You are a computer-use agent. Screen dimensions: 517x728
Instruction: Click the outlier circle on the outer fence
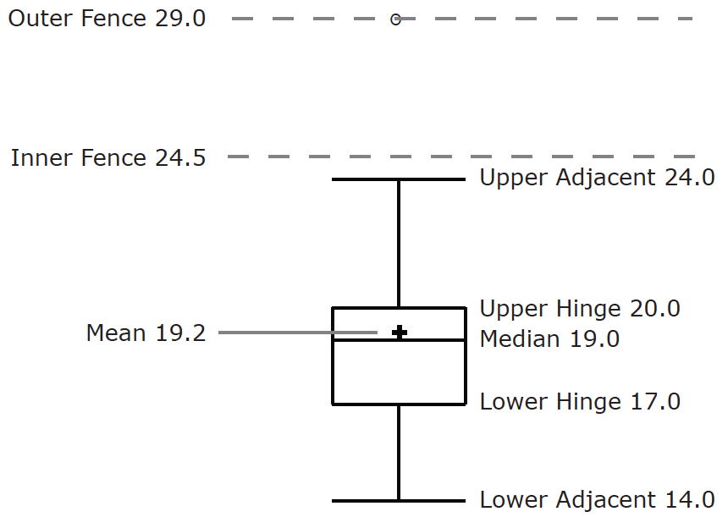click(395, 19)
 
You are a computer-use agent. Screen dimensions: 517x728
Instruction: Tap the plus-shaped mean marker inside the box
click(399, 333)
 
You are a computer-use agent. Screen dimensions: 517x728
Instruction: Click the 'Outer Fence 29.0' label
click(107, 19)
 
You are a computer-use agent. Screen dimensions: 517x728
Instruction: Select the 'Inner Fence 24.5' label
click(108, 157)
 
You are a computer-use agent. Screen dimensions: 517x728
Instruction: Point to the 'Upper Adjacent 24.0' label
click(597, 178)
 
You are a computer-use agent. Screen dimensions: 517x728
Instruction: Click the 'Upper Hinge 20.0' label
click(580, 309)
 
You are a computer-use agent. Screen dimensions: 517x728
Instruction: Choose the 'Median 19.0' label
click(549, 339)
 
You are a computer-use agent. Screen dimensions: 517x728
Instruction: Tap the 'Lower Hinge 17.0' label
click(580, 401)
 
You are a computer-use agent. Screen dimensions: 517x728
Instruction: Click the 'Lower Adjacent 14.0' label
click(597, 499)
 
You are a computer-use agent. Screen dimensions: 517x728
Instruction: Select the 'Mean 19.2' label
click(146, 333)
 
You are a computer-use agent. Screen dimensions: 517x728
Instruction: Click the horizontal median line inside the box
click(440, 340)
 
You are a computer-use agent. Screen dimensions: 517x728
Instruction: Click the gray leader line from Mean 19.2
click(296, 333)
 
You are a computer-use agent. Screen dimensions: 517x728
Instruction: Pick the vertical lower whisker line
click(399, 453)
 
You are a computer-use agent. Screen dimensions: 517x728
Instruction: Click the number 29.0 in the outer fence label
click(180, 19)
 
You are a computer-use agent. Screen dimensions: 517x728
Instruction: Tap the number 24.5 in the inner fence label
click(180, 157)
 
